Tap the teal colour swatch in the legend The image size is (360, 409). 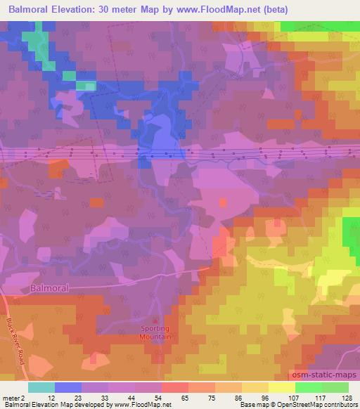[41, 387]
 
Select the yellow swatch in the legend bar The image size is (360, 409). [282, 387]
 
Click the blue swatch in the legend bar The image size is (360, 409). [68, 387]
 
